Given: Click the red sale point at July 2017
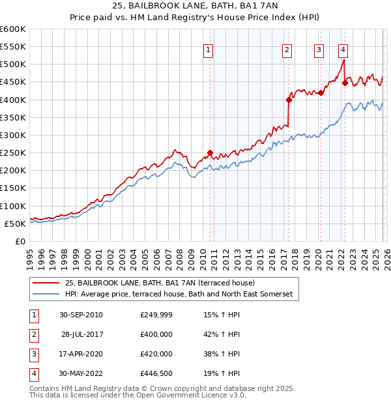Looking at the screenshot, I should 289,100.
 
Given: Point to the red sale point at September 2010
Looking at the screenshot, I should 210,153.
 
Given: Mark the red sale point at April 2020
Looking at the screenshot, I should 321,93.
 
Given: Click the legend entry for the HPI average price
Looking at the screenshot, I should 179,295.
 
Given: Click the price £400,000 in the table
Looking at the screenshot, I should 156,334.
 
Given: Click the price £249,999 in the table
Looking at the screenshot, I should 156,314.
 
